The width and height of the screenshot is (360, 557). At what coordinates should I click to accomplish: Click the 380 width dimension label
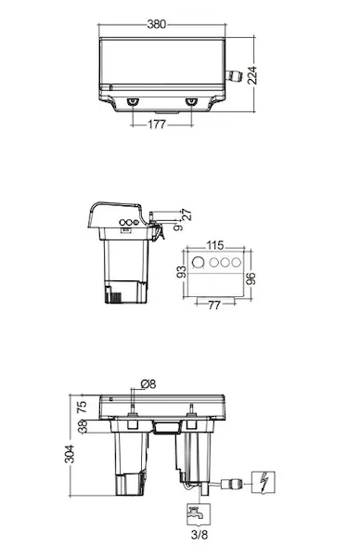point(157,24)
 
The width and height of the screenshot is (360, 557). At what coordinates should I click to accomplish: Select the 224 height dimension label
point(252,75)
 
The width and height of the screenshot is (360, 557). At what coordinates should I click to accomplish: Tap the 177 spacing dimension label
point(157,124)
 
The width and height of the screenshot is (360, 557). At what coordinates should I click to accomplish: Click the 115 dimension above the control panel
point(215,245)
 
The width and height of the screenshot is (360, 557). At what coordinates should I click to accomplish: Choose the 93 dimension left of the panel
point(182,272)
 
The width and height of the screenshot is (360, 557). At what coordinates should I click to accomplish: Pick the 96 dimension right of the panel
point(251,278)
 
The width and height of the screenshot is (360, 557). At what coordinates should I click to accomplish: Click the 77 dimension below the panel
point(214,305)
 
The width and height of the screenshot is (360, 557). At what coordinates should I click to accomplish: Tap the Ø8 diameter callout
point(148,384)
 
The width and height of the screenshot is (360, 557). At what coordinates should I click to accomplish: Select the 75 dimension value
point(82,407)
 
